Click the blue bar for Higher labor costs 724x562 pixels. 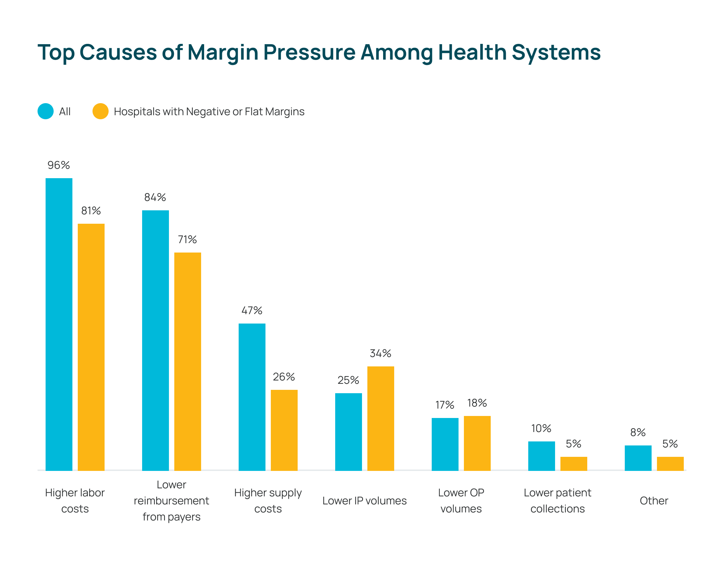point(59,324)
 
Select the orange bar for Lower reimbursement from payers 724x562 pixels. point(188,361)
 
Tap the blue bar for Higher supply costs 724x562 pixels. point(252,397)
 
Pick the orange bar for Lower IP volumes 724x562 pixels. point(381,418)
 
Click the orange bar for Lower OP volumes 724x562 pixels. point(477,443)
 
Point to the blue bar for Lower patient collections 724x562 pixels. point(542,456)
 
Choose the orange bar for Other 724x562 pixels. point(670,464)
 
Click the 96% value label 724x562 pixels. point(59,165)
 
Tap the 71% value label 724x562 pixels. point(187,239)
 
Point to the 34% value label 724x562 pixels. point(380,353)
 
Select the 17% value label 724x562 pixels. point(445,405)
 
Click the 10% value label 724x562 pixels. point(541,428)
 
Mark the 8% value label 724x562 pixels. point(638,432)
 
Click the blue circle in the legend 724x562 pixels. point(46,111)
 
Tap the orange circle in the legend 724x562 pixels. point(101,111)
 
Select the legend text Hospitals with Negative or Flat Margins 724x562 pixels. point(209,112)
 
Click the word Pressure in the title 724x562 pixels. point(309,53)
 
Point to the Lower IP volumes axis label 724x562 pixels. point(364,501)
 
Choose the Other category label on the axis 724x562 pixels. point(654,501)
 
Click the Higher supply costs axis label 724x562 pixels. point(268,501)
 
